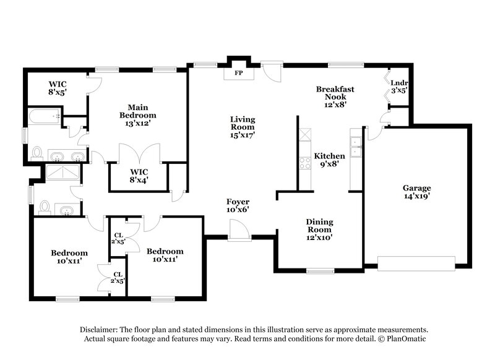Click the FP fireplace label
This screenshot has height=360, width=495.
(x=238, y=72)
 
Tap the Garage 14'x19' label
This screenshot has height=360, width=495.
(x=416, y=192)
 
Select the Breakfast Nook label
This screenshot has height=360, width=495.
(x=335, y=96)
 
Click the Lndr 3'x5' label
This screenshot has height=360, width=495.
(x=398, y=87)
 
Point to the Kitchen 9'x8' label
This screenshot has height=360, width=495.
(x=329, y=160)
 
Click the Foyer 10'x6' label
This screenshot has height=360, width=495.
(x=238, y=205)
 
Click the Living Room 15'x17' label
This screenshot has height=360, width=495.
(x=243, y=127)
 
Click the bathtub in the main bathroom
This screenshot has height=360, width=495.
(x=45, y=115)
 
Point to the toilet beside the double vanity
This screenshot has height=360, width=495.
(x=37, y=153)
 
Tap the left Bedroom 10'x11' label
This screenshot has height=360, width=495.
(x=69, y=257)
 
